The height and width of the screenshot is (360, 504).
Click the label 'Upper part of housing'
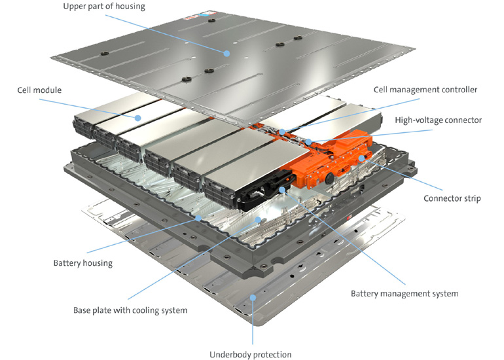point(105,7)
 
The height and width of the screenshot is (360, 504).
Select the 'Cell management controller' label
point(425,90)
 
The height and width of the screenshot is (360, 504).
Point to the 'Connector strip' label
point(452,198)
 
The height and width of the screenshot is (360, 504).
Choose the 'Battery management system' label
point(404,293)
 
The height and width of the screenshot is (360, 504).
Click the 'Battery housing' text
point(82,263)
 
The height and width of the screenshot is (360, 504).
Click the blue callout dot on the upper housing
point(227,53)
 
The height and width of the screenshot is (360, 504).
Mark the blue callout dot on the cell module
point(137,118)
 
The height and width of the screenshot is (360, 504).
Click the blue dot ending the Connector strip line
point(361,158)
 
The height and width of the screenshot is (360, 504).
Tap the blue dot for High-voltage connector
point(308,142)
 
